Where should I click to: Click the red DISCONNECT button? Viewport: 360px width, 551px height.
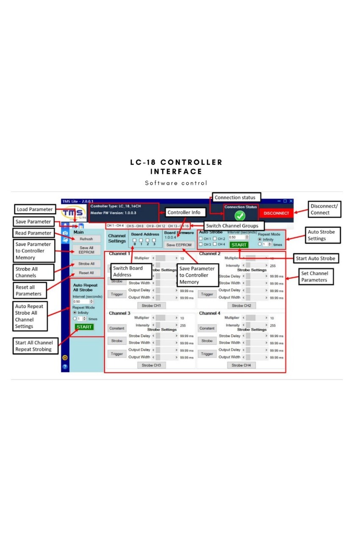coord(276,213)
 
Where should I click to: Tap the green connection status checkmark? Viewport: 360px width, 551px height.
coord(240,215)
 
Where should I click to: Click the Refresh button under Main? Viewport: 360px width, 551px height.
coord(86,239)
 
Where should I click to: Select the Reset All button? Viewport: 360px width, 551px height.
coord(86,273)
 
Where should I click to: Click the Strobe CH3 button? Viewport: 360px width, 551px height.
coord(151,365)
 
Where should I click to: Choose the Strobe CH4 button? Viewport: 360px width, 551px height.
coord(241,365)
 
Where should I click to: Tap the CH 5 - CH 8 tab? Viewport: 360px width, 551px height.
coord(135,226)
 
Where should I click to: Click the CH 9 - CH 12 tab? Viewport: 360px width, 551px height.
coord(156,226)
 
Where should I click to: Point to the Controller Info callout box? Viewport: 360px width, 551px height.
coord(184,212)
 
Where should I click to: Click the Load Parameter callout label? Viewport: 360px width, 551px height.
coord(35,209)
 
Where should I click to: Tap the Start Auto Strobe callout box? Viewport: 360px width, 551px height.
coord(316,258)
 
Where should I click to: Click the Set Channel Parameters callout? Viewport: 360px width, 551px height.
coord(314,277)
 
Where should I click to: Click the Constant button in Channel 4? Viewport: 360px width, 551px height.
coord(207,328)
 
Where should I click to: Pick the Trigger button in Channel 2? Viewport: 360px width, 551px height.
coord(207,294)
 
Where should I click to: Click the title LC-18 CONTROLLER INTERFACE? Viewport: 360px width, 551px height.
coord(176,167)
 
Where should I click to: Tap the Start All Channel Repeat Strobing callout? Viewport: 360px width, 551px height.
coord(34,346)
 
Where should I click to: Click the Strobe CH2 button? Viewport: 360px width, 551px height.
coord(241,305)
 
